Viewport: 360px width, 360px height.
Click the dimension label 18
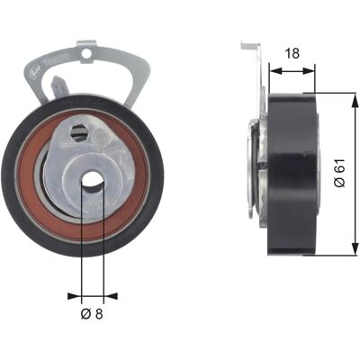tap(292, 53)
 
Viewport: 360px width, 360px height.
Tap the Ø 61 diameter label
tap(340, 173)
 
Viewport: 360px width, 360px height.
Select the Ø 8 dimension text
tap(92, 314)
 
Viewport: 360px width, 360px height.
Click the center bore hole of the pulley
tap(93, 181)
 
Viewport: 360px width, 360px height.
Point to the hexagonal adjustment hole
tap(79, 131)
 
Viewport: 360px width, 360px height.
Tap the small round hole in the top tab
tap(86, 54)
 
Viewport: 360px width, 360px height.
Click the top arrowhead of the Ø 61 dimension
tap(355, 101)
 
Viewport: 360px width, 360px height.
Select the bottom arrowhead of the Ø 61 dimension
tap(355, 248)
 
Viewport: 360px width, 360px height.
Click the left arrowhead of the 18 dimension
tap(275, 71)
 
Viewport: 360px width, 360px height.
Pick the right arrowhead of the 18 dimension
tap(309, 71)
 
